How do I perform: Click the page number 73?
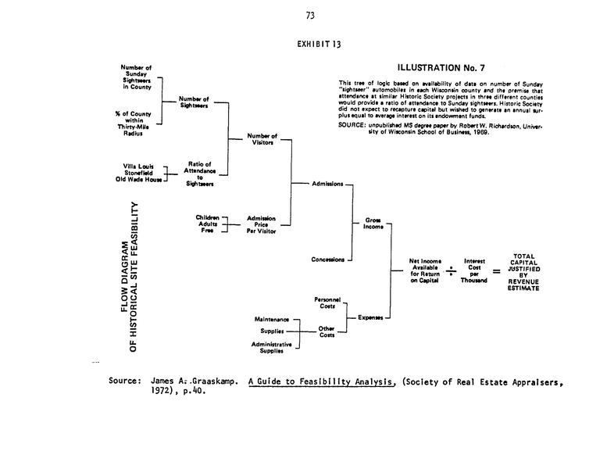pos(310,15)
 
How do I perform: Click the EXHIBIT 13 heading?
pos(319,44)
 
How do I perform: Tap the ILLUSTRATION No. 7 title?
pos(441,68)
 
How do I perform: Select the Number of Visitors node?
pos(262,139)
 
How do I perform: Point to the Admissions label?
pos(327,184)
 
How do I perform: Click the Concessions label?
pos(327,260)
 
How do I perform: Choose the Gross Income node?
pos(373,224)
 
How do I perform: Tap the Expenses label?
pos(370,317)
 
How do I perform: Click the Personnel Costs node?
pos(327,303)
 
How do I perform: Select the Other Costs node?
pos(327,331)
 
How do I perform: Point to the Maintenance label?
pos(272,320)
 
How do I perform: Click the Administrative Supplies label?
pos(271,347)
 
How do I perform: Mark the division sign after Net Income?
pos(451,270)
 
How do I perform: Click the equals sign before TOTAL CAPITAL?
pos(496,271)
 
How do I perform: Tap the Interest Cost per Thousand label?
pos(474,270)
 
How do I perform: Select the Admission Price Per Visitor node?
pos(261,224)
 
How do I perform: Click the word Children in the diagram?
pos(207,217)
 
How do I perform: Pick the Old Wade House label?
pos(138,179)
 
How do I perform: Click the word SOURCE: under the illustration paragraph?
pos(352,125)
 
